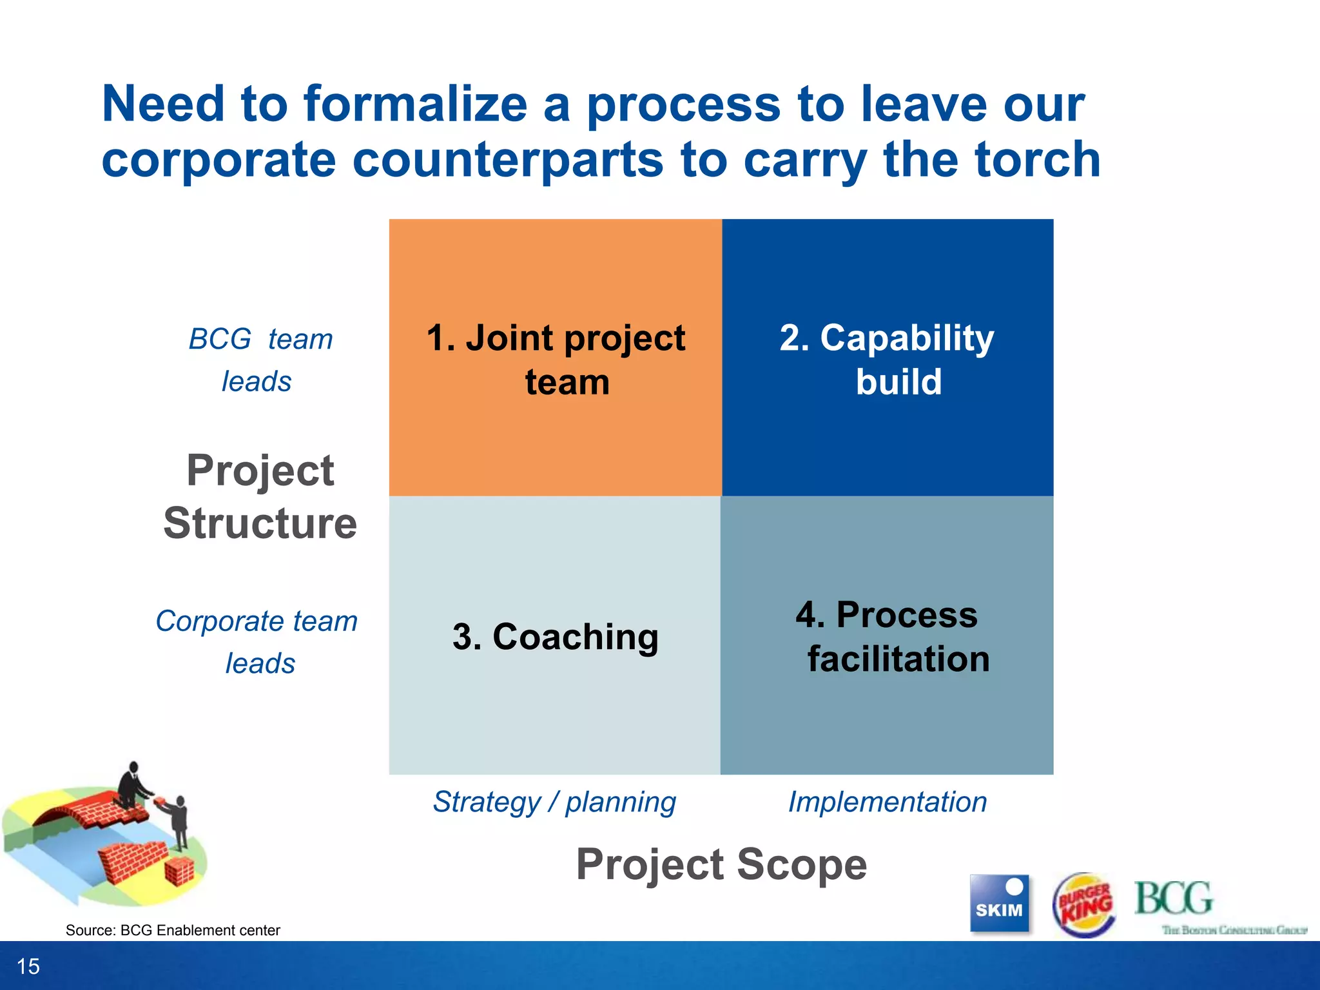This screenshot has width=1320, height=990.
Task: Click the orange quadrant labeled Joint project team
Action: (x=555, y=358)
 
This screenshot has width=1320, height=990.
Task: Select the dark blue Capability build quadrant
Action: (x=887, y=358)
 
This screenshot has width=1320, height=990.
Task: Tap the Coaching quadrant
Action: (x=555, y=636)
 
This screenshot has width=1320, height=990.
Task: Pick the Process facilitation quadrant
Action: (x=887, y=636)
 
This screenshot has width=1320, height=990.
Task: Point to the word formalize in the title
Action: (x=416, y=104)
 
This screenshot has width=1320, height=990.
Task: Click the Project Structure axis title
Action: (x=260, y=496)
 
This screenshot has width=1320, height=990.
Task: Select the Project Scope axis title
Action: (x=721, y=864)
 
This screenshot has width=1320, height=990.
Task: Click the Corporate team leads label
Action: (x=258, y=642)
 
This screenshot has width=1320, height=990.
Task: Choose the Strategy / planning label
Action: (x=554, y=802)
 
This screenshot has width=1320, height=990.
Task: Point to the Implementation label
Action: (x=887, y=802)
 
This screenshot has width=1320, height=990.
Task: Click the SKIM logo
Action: (x=998, y=902)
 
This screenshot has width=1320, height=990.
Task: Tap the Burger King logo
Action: (x=1084, y=904)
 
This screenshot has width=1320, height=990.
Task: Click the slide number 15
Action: (x=28, y=966)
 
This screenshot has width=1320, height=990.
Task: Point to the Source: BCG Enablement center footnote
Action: (x=173, y=930)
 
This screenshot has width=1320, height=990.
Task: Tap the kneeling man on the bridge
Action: (x=132, y=786)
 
